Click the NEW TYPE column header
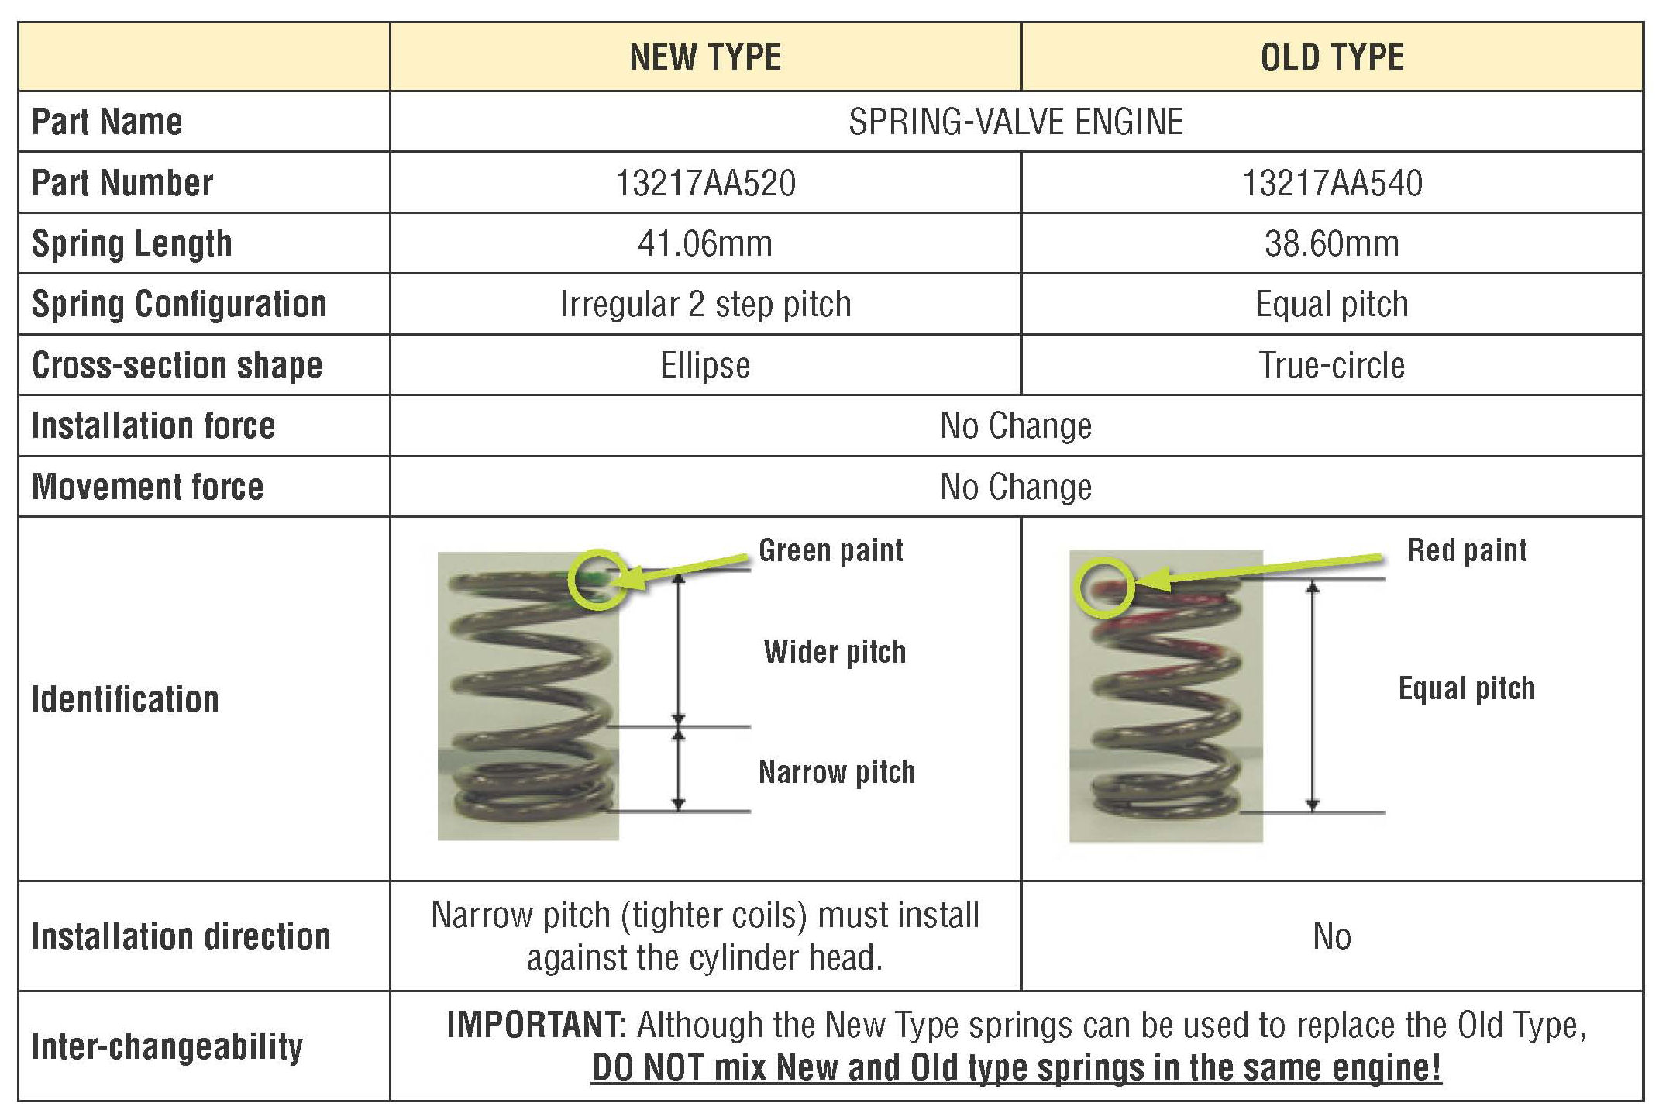(x=705, y=57)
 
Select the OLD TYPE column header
(x=1331, y=57)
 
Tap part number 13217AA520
(x=705, y=184)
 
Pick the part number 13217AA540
(x=1332, y=184)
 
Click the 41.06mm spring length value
(x=705, y=244)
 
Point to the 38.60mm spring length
(x=1332, y=244)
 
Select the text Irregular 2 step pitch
(x=705, y=305)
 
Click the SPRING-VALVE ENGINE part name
(x=1016, y=122)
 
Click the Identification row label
(x=126, y=699)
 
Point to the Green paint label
(x=831, y=550)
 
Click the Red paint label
(x=1467, y=550)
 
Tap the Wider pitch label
(x=835, y=652)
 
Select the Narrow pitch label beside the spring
(x=837, y=772)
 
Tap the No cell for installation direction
(x=1332, y=937)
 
